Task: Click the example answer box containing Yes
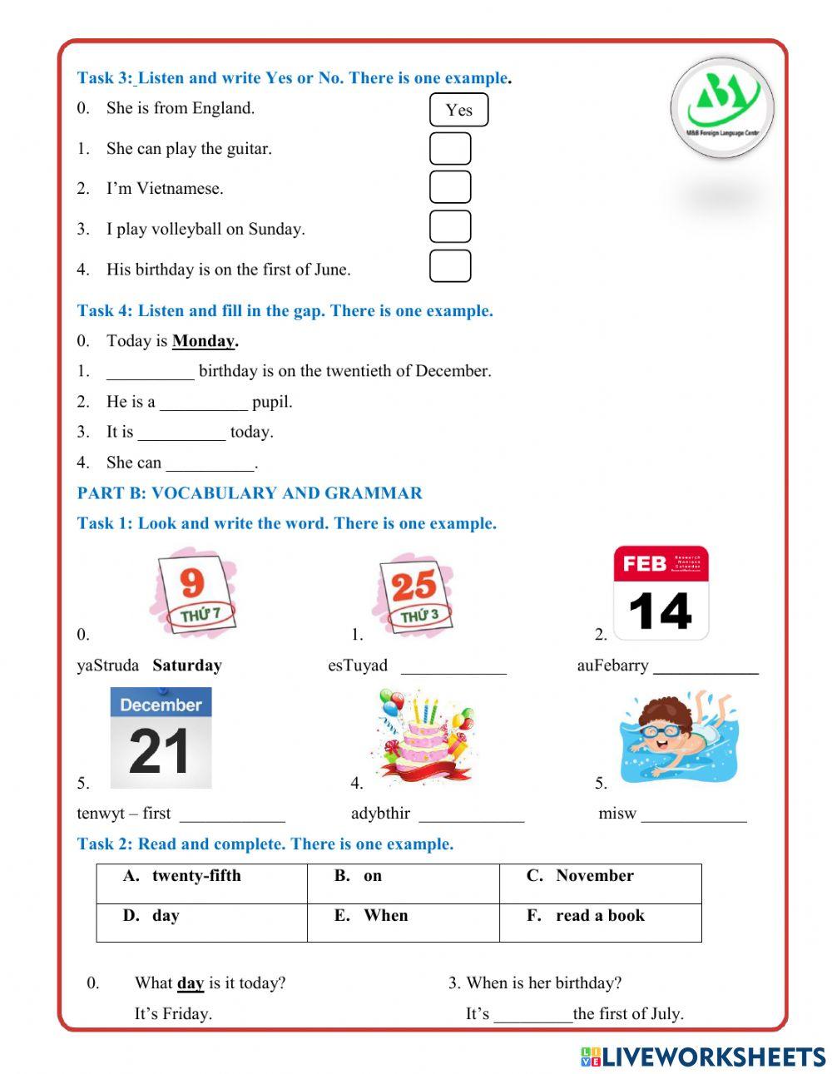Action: coord(458,110)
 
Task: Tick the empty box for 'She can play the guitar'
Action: coord(450,149)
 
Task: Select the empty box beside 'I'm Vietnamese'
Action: coord(450,187)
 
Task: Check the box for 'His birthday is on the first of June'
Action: coord(450,266)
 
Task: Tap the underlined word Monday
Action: coord(204,341)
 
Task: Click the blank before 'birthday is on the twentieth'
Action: coord(151,372)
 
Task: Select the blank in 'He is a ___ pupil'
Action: coord(204,403)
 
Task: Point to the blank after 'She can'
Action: coord(210,463)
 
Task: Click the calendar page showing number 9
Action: coord(193,592)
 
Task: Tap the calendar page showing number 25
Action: coord(414,594)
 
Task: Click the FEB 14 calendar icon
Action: coord(661,592)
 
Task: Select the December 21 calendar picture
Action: coord(161,738)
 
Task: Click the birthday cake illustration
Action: coord(426,735)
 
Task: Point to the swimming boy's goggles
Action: coord(662,731)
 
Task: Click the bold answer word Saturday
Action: coord(187,666)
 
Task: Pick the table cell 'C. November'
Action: coord(600,883)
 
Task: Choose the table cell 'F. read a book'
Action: coord(600,923)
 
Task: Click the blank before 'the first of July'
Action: coord(532,1014)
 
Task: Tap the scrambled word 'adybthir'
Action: coord(380,814)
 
